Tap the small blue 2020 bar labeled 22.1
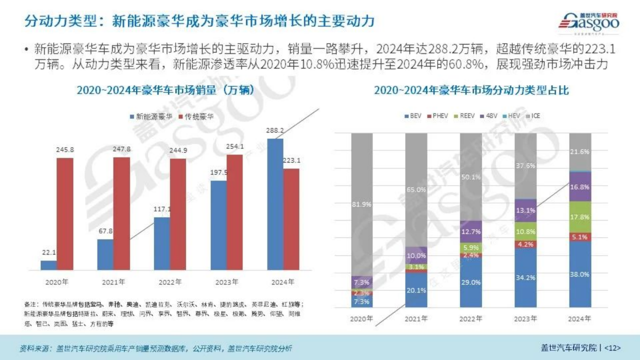48,265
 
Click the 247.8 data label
121,149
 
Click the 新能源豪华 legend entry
150,116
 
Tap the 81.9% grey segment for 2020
361,204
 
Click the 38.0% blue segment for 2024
579,274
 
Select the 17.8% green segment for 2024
579,217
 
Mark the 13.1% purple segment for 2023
525,210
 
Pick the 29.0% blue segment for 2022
470,282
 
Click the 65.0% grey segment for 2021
416,189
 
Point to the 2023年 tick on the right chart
525,318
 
